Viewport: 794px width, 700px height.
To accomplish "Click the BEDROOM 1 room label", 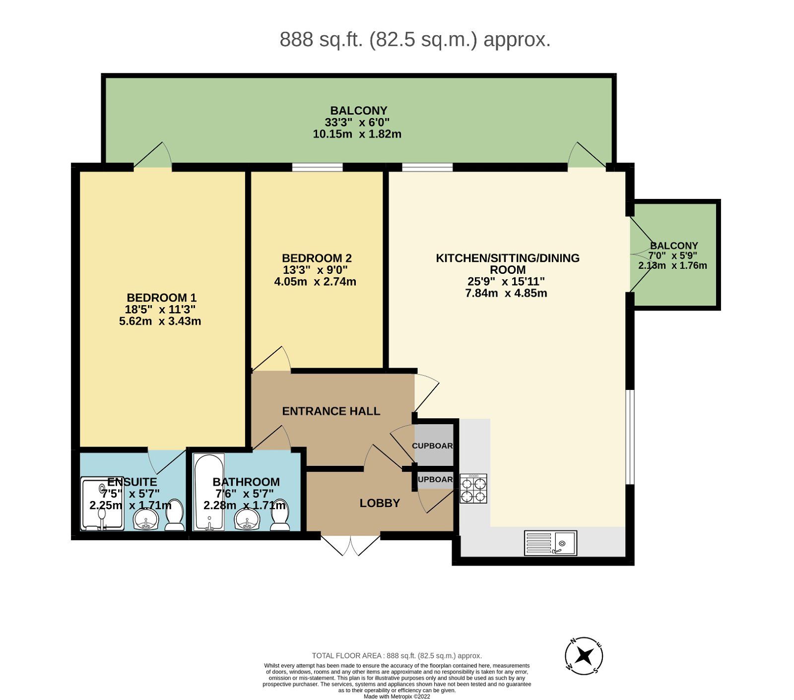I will pos(161,298).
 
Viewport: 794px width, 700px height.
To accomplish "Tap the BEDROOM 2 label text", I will pos(317,258).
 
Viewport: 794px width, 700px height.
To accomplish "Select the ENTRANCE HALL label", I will pos(331,411).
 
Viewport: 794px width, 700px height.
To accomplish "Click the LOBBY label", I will pos(380,503).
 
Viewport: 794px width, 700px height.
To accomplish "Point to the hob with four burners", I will pos(473,489).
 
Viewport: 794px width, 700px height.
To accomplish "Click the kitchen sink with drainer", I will pos(550,543).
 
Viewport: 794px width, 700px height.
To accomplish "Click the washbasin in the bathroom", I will pos(246,519).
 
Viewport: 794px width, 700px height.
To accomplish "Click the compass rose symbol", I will pos(584,656).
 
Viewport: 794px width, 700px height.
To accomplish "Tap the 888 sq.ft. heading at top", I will pos(415,39).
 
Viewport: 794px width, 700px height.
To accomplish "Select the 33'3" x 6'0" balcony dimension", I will pos(357,122).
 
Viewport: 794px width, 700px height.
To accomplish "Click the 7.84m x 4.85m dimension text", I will pos(506,293).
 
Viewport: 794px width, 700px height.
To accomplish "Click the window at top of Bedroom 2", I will pos(317,167).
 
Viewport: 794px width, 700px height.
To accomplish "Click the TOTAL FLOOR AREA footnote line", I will pos(397,655).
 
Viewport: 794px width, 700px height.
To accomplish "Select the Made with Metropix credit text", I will pos(397,697).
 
